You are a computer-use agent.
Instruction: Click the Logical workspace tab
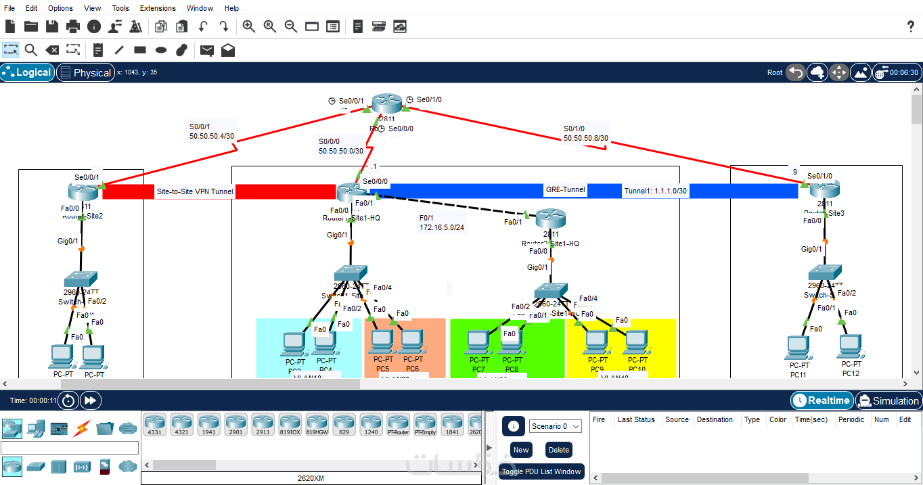pyautogui.click(x=27, y=72)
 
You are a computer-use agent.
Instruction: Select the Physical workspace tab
pyautogui.click(x=85, y=72)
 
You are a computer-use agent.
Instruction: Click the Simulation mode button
pyautogui.click(x=888, y=400)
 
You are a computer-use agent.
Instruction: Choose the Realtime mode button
pyautogui.click(x=821, y=400)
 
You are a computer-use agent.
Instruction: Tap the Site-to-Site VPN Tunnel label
pyautogui.click(x=195, y=191)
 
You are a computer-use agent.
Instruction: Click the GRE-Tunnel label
pyautogui.click(x=565, y=190)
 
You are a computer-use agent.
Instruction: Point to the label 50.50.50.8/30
pyautogui.click(x=586, y=139)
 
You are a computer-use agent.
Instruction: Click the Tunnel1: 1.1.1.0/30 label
pyautogui.click(x=656, y=191)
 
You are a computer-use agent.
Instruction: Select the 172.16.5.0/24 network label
pyautogui.click(x=442, y=227)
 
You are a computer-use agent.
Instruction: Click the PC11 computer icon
pyautogui.click(x=798, y=348)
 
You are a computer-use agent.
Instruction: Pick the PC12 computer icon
pyautogui.click(x=850, y=346)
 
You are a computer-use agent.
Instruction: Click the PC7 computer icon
pyautogui.click(x=478, y=343)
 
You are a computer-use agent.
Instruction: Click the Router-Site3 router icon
pyautogui.click(x=824, y=189)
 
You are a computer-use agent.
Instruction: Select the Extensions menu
pyautogui.click(x=158, y=8)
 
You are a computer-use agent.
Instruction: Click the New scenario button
pyautogui.click(x=521, y=450)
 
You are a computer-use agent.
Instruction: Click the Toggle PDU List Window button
pyautogui.click(x=541, y=471)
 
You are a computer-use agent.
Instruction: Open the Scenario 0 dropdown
pyautogui.click(x=555, y=426)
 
